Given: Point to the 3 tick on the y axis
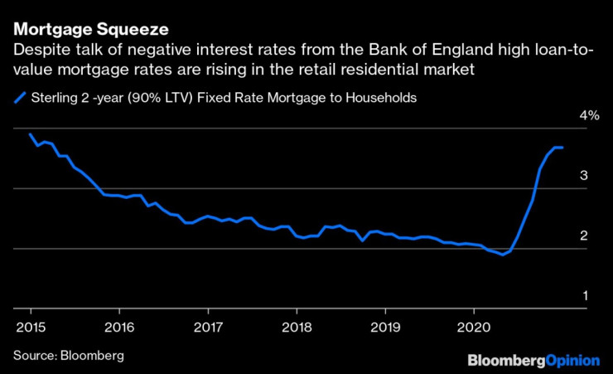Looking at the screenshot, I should pos(583,175).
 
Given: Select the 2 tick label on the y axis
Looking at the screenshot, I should pos(583,236).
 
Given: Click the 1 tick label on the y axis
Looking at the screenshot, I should pos(583,295).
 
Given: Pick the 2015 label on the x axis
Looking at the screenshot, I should pos(29,325).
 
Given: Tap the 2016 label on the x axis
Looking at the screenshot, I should pos(119,325).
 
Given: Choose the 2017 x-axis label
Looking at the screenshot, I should pos(208,325).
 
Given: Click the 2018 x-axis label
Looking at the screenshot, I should pos(297,325).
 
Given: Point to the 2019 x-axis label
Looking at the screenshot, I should pos(385,325).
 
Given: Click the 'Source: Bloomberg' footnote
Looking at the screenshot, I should pos(68,355).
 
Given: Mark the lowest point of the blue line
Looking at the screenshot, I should pos(502,255).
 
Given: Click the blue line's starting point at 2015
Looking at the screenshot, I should pos(30,134).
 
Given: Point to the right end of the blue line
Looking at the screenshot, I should pos(563,148).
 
